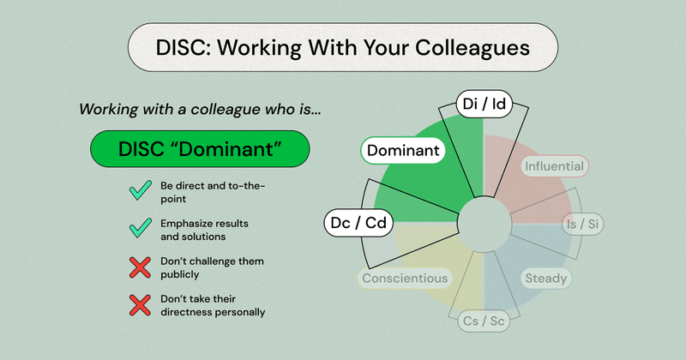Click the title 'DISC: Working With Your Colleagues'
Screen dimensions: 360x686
pyautogui.click(x=343, y=48)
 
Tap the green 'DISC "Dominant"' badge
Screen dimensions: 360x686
pyautogui.click(x=199, y=151)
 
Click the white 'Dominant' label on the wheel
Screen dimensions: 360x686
pyautogui.click(x=403, y=152)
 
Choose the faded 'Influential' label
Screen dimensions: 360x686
pyautogui.click(x=555, y=165)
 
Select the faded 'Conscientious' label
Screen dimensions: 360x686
pyautogui.click(x=405, y=278)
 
